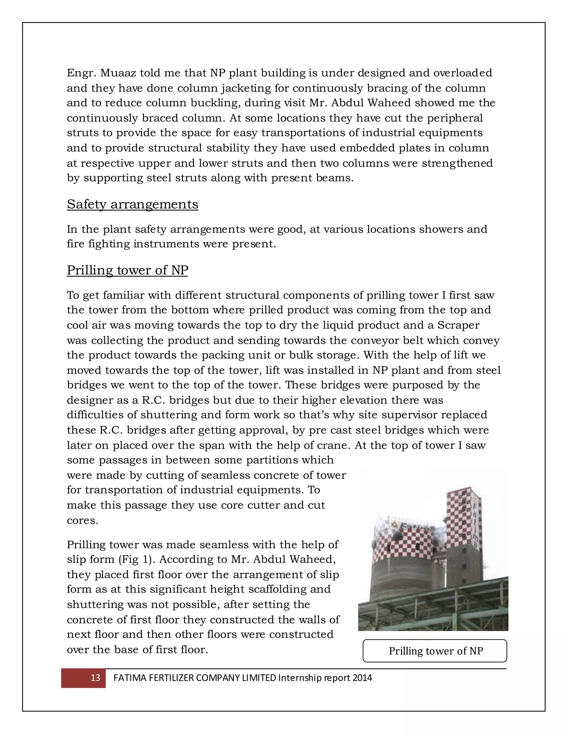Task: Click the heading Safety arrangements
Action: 132,204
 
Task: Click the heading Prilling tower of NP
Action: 127,270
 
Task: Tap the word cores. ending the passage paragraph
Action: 83,521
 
